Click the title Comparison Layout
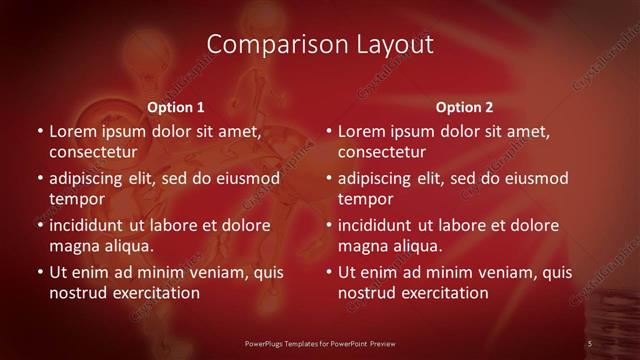pos(319,45)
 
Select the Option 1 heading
pos(175,107)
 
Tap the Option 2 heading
pos(464,107)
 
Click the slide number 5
pos(590,343)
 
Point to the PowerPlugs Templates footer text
pos(319,343)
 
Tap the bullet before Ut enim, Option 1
pos(39,272)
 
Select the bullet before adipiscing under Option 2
pos(328,178)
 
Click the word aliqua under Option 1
pos(127,246)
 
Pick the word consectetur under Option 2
pos(382,152)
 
